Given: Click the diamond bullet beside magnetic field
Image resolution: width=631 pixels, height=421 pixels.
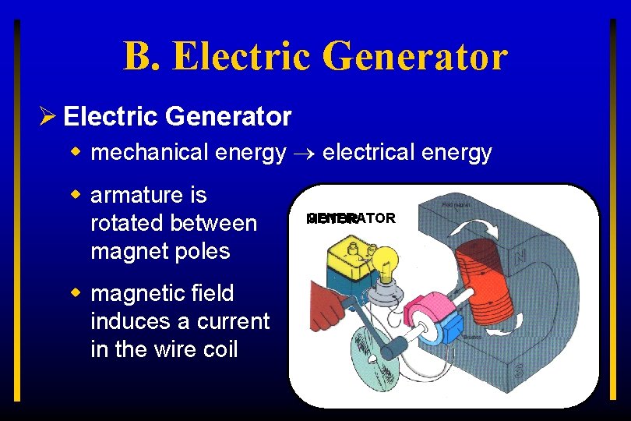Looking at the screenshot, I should (x=77, y=293).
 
